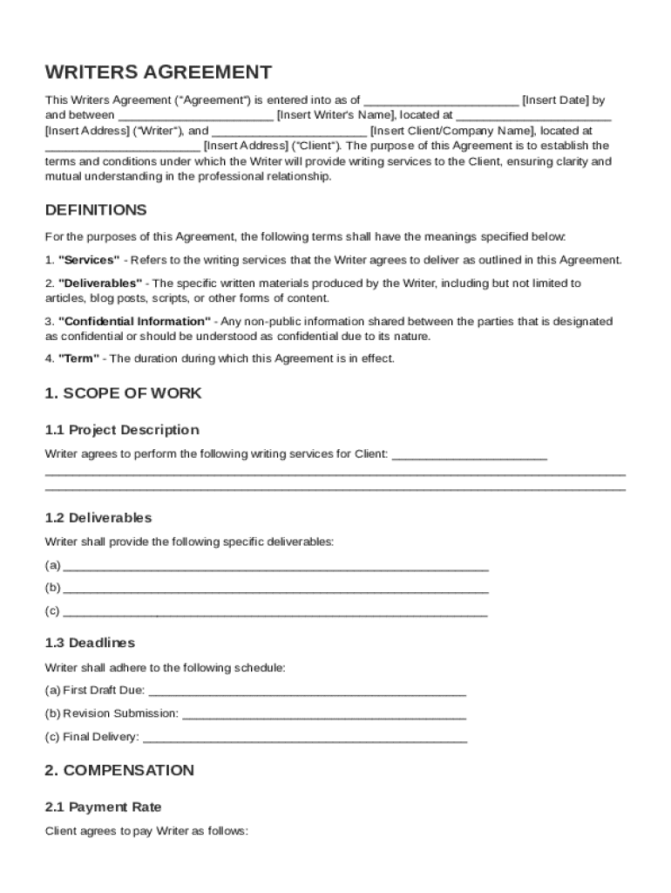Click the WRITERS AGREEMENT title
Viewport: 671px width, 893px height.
tap(158, 72)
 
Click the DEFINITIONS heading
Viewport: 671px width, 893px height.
tap(96, 210)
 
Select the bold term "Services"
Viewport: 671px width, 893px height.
tap(89, 260)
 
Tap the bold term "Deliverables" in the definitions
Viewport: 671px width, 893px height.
tap(100, 283)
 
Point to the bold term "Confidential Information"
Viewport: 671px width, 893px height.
tap(134, 321)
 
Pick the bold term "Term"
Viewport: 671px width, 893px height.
tap(78, 358)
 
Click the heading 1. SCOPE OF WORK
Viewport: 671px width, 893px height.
tap(123, 393)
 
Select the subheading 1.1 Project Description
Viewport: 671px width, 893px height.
tap(122, 430)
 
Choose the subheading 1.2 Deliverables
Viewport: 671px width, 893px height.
tap(98, 518)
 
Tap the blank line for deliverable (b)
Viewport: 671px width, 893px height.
tap(275, 589)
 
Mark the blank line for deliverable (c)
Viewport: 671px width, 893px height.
tap(275, 611)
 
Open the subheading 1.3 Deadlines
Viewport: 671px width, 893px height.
tap(91, 643)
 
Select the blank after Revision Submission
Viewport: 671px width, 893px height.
tap(324, 714)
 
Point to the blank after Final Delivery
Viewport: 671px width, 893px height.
tap(304, 738)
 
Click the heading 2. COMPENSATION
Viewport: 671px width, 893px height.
tap(119, 771)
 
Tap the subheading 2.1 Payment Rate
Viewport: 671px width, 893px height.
tap(104, 808)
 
